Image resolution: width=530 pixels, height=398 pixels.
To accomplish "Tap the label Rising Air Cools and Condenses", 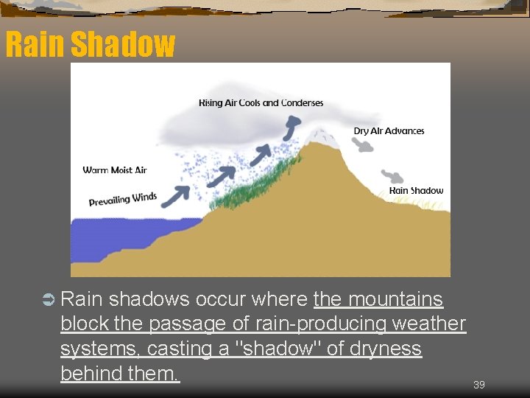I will (261, 102).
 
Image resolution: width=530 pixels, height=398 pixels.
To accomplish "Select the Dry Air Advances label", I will (389, 131).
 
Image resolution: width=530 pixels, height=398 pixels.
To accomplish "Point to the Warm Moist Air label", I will (115, 170).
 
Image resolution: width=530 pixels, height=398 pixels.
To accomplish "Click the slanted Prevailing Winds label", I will (123, 199).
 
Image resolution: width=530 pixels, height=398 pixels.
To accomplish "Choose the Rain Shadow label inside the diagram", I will (416, 191).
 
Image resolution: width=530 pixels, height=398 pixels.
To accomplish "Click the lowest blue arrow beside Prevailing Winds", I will (174, 196).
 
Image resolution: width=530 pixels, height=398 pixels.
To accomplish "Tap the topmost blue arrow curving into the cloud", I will (291, 130).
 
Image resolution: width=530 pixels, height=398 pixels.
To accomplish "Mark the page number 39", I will (478, 385).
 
